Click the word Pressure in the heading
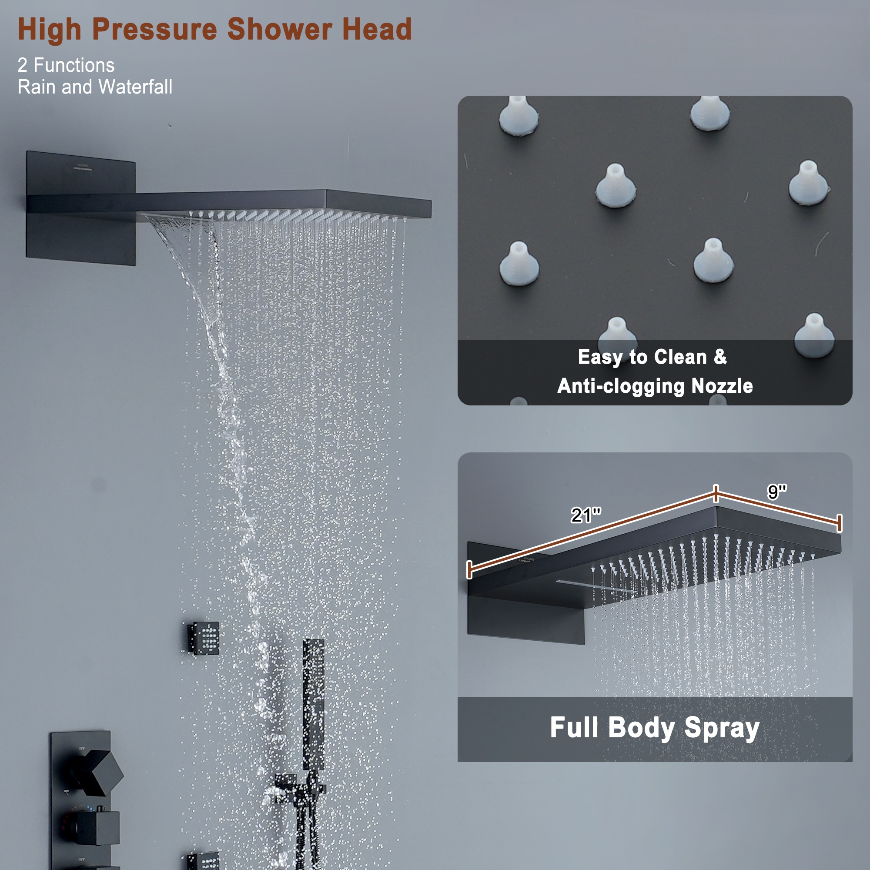point(154,30)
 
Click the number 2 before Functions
point(23,65)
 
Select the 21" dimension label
point(586,515)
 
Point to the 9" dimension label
point(777,492)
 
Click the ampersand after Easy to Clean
point(720,357)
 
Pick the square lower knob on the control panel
point(98,828)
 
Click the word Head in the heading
point(376,30)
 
